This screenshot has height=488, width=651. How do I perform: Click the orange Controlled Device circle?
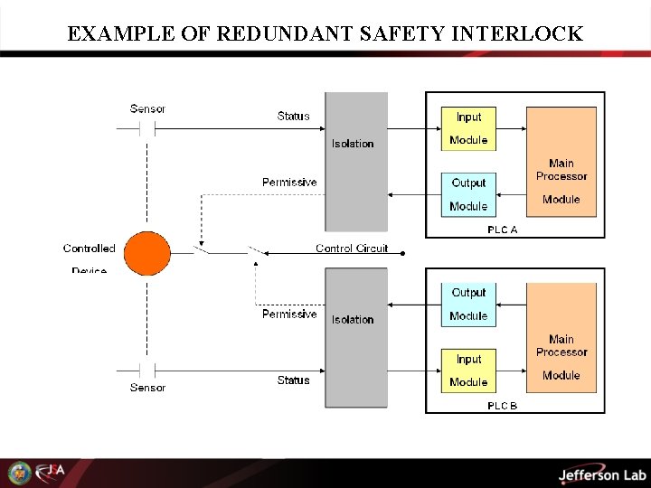point(146,253)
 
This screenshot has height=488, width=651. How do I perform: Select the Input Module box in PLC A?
point(468,128)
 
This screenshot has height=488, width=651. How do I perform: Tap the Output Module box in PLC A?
point(468,194)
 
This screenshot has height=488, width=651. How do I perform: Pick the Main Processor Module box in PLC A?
point(561,162)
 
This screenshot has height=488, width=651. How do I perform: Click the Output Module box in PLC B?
point(468,304)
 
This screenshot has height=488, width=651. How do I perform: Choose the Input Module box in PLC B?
point(468,371)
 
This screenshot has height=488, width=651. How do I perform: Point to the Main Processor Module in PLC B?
point(561,338)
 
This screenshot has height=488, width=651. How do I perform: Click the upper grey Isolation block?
point(356,161)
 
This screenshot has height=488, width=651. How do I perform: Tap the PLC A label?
point(503,230)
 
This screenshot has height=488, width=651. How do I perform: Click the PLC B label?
point(503,406)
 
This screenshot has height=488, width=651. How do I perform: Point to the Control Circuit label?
point(352,249)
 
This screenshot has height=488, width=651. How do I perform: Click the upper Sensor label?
point(147,109)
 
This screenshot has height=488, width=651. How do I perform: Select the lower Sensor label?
point(147,388)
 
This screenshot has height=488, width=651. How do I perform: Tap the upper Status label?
point(293,116)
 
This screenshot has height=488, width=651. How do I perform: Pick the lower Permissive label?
point(289,314)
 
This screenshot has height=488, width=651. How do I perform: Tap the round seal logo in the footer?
point(19,473)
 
